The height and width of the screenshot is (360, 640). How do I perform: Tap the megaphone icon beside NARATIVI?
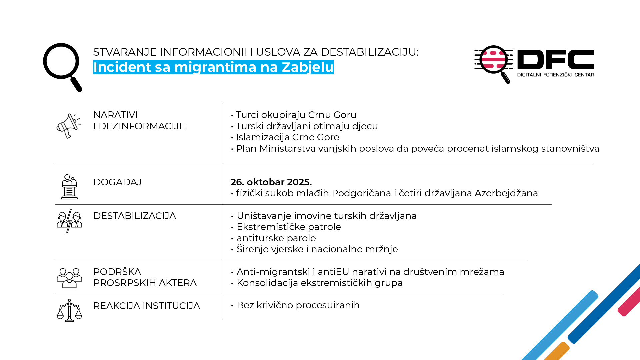tap(69, 126)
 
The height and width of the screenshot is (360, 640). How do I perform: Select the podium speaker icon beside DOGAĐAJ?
tap(69, 187)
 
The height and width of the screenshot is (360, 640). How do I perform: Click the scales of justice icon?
tap(69, 310)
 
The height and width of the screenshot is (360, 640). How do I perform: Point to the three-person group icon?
tap(69, 278)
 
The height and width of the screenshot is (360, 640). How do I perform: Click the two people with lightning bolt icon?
tap(69, 221)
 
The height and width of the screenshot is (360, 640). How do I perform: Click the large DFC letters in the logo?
tap(555, 60)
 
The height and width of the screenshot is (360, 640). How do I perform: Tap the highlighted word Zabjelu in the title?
tap(307, 67)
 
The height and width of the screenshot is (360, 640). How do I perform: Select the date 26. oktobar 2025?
tap(271, 182)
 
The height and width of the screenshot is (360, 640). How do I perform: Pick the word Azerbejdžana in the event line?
tap(506, 193)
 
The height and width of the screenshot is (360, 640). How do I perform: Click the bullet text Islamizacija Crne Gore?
tap(287, 137)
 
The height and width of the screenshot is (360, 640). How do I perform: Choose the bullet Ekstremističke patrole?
tap(289, 227)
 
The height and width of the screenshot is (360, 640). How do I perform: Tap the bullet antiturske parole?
tap(276, 238)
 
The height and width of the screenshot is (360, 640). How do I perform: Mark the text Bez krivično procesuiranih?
tap(298, 305)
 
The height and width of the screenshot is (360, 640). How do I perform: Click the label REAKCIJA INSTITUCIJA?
tap(146, 306)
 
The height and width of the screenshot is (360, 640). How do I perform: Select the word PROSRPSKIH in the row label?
tap(126, 283)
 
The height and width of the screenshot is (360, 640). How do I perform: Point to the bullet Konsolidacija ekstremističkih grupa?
tap(319, 283)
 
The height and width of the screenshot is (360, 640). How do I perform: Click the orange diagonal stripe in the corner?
tap(557, 352)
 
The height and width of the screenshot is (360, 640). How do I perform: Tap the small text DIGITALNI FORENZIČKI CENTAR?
tap(555, 75)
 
